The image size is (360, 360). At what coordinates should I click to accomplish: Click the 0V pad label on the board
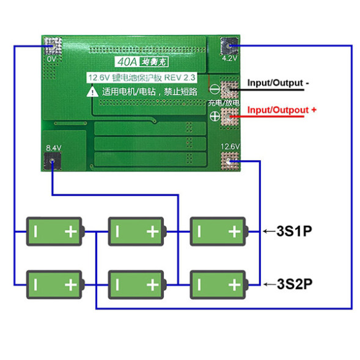[x=51, y=59]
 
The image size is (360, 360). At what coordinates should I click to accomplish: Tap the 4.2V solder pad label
[x=229, y=59]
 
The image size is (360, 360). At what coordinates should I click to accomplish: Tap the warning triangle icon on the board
[x=92, y=92]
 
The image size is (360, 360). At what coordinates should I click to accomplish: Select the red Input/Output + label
[x=281, y=110]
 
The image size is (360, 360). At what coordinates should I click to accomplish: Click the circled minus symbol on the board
[x=215, y=89]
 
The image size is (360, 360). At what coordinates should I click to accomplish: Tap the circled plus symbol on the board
[x=215, y=117]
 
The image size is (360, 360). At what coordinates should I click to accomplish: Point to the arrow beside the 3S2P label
[x=269, y=284]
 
